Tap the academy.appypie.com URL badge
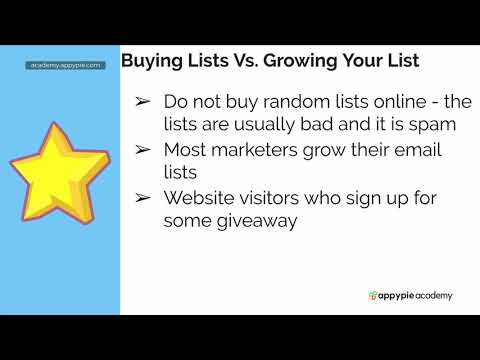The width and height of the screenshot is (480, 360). click(x=65, y=65)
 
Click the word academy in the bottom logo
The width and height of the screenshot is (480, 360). click(x=429, y=296)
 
